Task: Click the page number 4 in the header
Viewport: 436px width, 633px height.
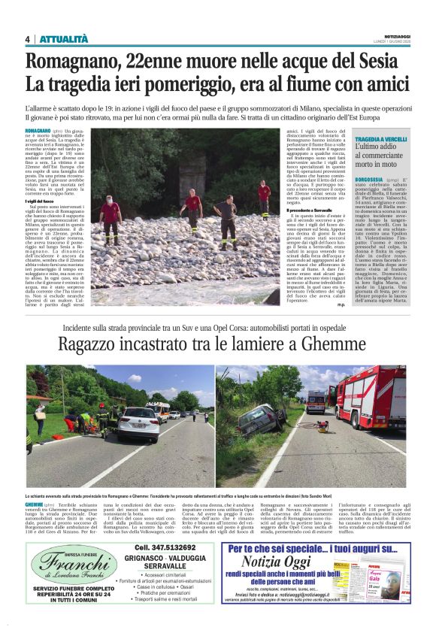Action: (27, 39)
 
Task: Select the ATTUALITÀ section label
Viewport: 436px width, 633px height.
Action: (64, 39)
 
